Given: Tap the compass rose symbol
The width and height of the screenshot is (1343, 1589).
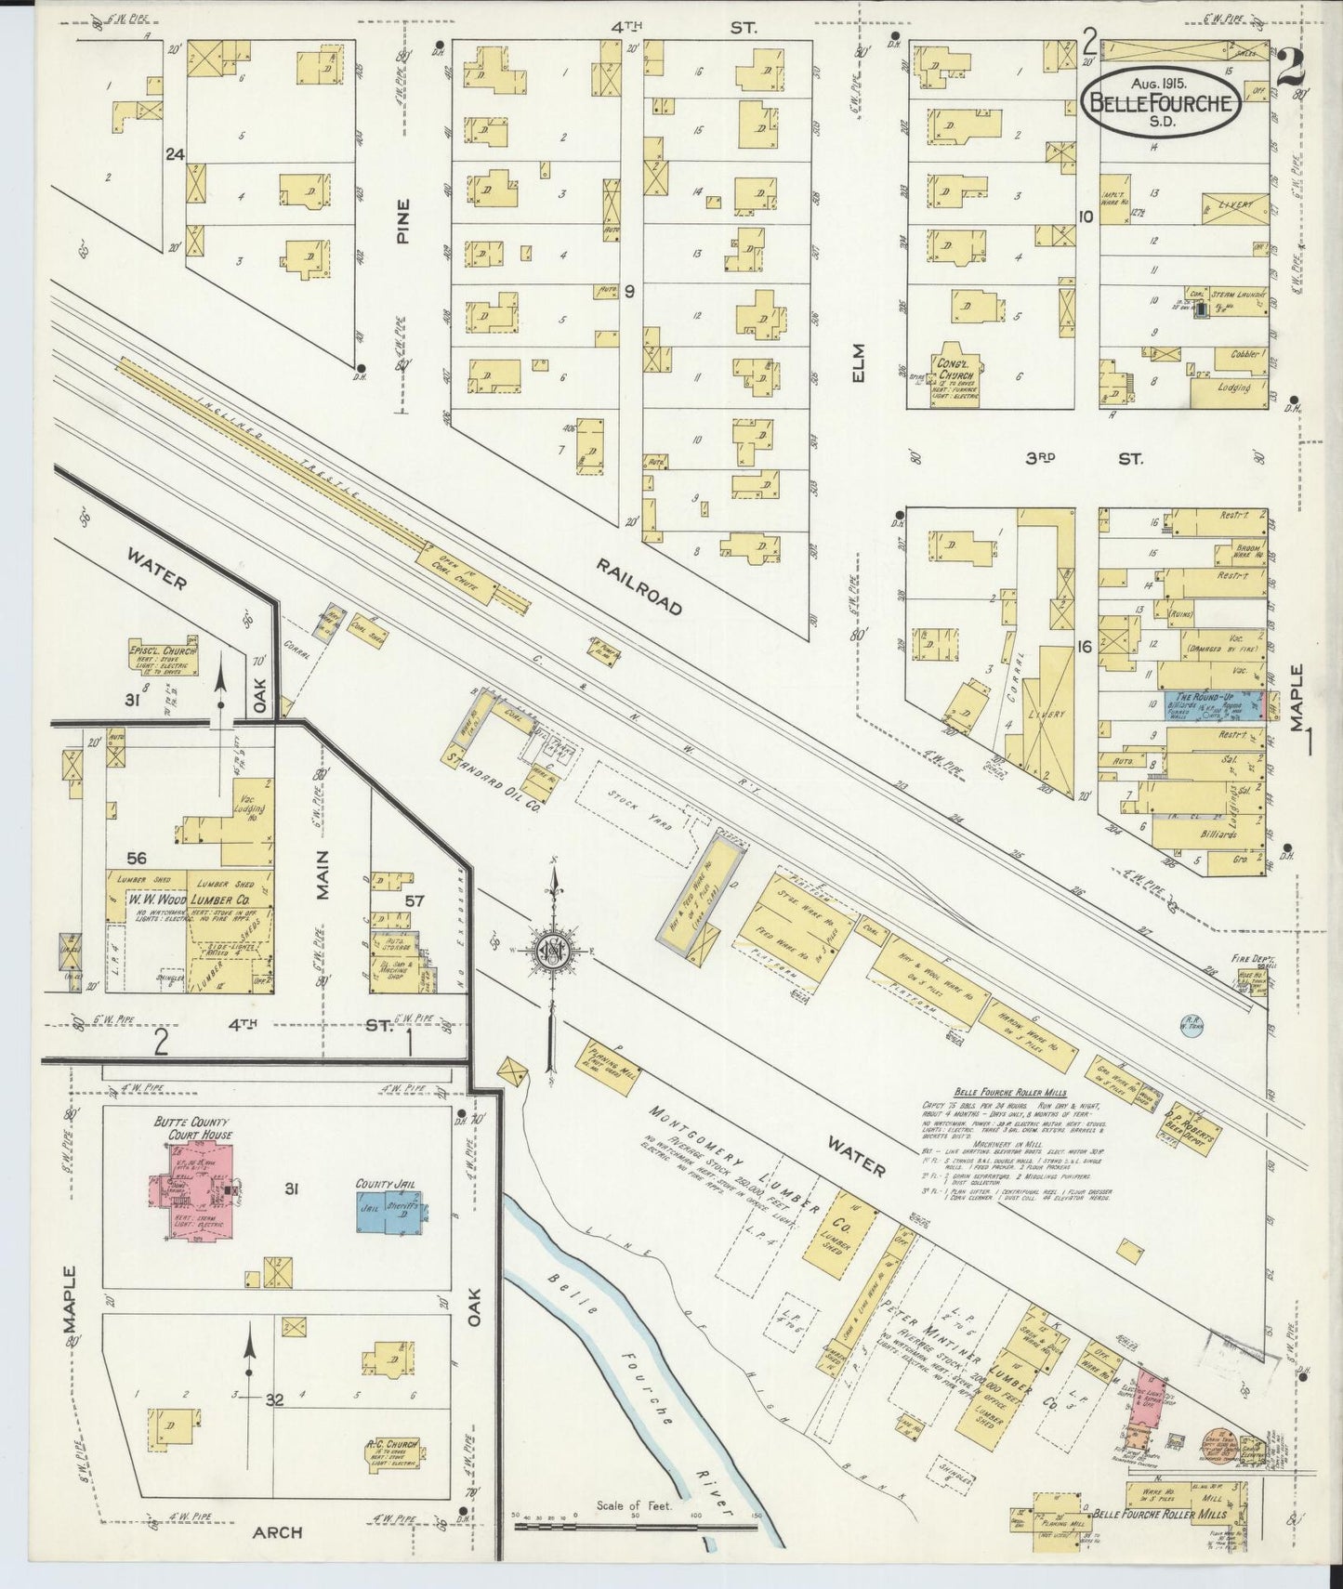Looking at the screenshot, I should [553, 951].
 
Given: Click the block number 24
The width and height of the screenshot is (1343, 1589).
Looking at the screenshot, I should [174, 155].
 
